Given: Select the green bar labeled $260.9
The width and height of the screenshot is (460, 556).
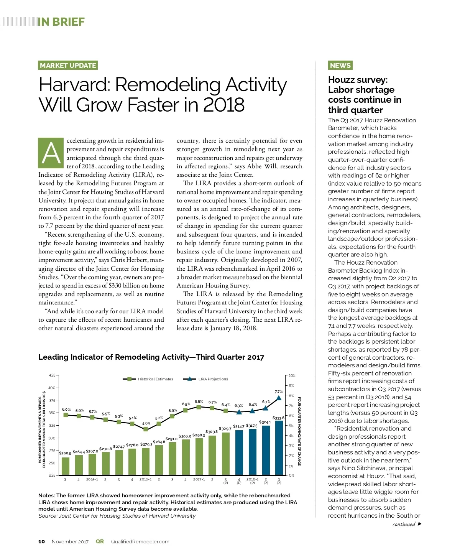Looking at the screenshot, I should pyautogui.click(x=66, y=466).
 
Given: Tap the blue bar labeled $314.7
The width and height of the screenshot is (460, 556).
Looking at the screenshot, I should pyautogui.click(x=239, y=452).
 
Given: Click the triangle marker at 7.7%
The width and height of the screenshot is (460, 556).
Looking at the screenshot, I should pyautogui.click(x=279, y=398).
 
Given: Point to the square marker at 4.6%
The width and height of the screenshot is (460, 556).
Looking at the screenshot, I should pyautogui.click(x=146, y=429).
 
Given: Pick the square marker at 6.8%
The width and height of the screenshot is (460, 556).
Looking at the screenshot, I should pyautogui.click(x=199, y=407).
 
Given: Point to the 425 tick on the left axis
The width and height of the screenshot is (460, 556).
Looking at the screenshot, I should pyautogui.click(x=52, y=375).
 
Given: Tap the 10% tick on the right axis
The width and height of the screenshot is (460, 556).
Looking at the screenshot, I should pyautogui.click(x=292, y=376).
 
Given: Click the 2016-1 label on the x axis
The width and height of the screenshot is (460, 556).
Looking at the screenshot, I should pyautogui.click(x=146, y=479).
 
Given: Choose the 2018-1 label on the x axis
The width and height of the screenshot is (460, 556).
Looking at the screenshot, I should pyautogui.click(x=252, y=479).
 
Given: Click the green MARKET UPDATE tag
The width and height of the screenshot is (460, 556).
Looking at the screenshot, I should pyautogui.click(x=68, y=65).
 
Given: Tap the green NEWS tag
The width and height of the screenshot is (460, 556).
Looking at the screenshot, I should pyautogui.click(x=340, y=65).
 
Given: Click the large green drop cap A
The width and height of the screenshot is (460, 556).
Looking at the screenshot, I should pyautogui.click(x=51, y=153).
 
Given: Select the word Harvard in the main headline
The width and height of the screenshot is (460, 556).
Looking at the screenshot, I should pyautogui.click(x=74, y=85).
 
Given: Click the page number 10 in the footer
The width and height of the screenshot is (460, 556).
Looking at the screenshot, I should pyautogui.click(x=41, y=542).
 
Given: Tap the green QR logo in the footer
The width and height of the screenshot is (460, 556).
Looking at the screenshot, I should pyautogui.click(x=100, y=541).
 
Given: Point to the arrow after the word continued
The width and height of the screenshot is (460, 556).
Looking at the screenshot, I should pyautogui.click(x=420, y=524).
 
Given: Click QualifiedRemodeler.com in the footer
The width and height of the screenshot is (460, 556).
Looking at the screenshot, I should pyautogui.click(x=140, y=542).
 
